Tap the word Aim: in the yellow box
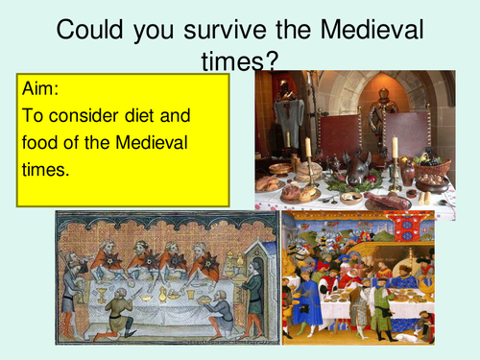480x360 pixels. click(x=38, y=89)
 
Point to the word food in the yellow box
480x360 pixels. click(x=38, y=144)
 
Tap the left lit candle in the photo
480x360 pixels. click(x=307, y=148)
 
